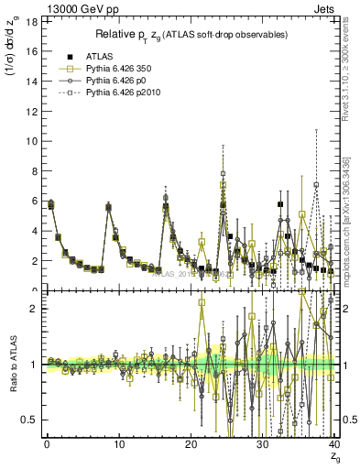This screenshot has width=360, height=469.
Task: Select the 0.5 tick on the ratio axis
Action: (27, 420)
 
